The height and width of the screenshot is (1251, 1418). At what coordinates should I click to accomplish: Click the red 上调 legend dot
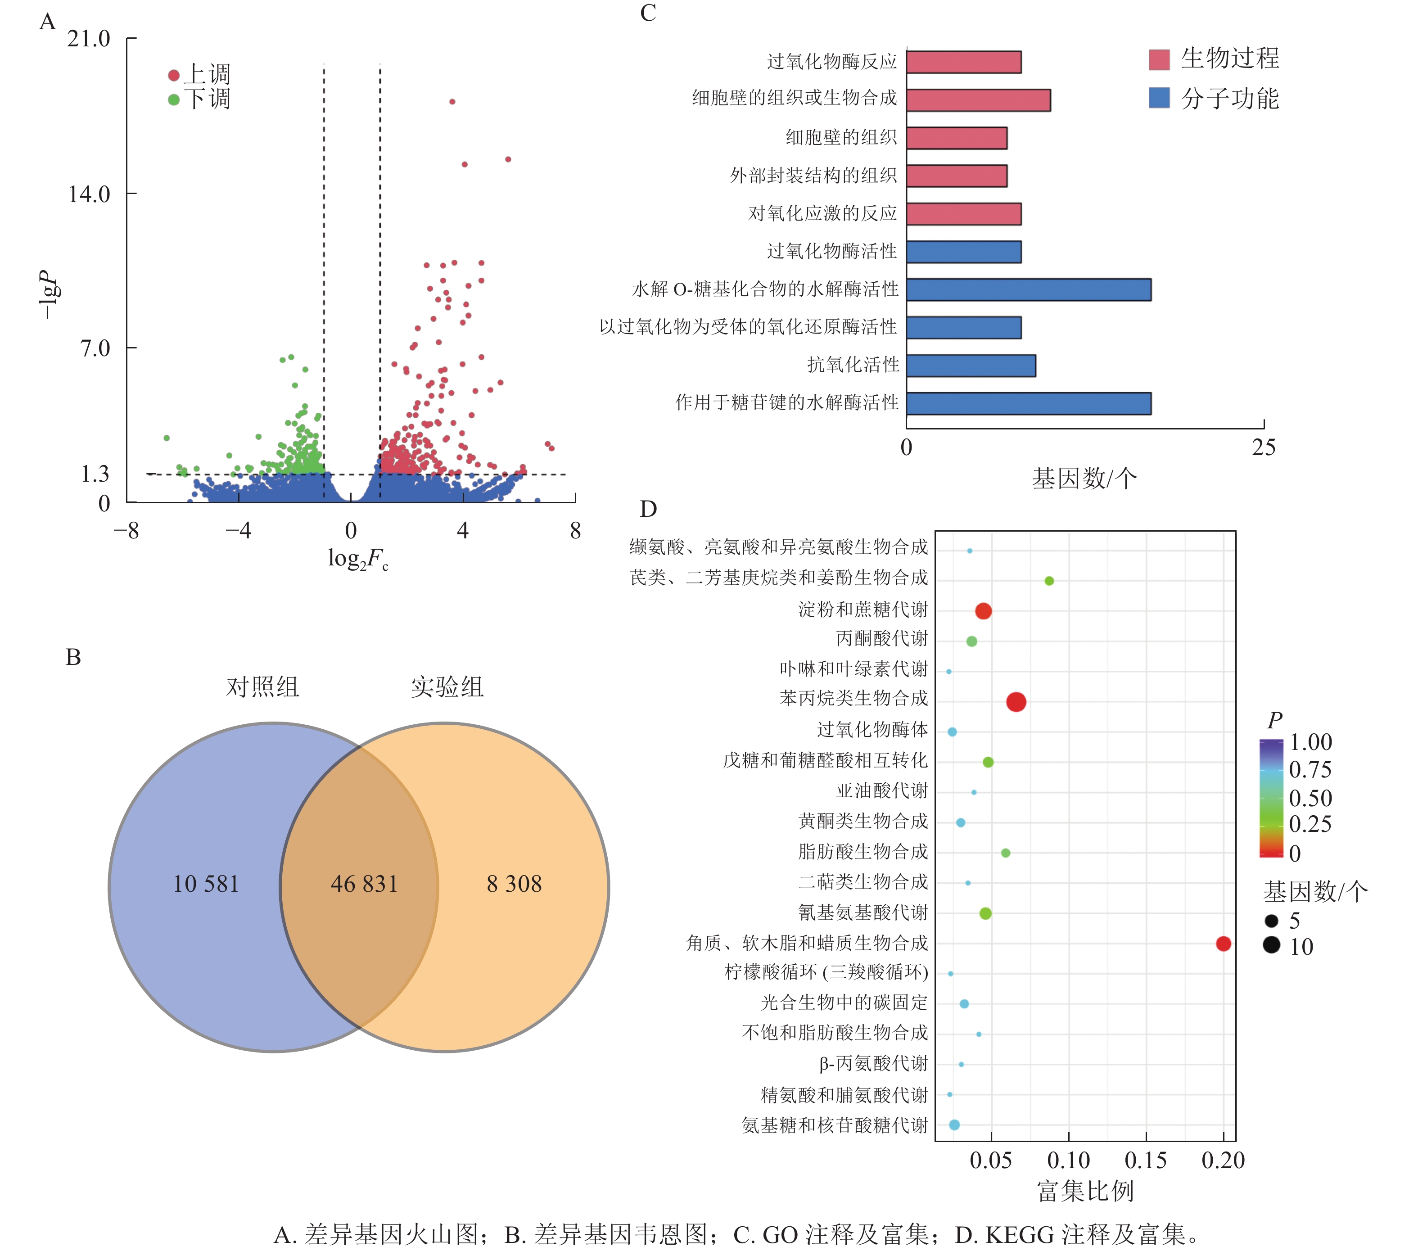173,75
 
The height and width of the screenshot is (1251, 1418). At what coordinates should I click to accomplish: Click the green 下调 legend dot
173,99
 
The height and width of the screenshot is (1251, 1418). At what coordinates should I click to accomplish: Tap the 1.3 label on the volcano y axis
95,474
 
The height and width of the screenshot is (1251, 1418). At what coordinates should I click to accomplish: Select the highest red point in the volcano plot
452,101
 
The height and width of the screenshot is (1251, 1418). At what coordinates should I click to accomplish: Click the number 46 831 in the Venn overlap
364,884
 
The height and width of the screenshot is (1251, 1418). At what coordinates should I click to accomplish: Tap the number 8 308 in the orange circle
514,884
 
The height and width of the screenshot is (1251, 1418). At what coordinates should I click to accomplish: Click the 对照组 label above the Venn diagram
262,687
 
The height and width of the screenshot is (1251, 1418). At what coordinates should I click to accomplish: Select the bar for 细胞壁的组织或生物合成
978,100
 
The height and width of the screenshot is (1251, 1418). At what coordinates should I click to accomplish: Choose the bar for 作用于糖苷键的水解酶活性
1028,403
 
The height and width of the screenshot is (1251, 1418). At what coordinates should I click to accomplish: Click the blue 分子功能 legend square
1159,98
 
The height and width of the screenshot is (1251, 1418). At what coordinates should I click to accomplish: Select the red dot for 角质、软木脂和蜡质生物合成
1223,944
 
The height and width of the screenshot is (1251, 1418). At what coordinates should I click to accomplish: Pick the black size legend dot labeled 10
1272,945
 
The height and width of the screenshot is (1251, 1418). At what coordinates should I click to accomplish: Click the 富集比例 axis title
1085,1191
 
